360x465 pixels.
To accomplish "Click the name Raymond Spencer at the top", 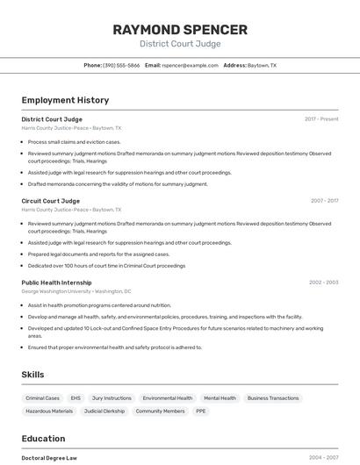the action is pyautogui.click(x=180, y=29).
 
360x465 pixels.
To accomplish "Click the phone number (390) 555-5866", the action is pyautogui.click(x=121, y=65).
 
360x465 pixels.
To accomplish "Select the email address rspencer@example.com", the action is pyautogui.click(x=190, y=65).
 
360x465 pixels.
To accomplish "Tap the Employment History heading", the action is pyautogui.click(x=65, y=100).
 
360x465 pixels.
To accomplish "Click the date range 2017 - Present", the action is pyautogui.click(x=321, y=118).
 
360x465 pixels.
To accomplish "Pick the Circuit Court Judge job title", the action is pyautogui.click(x=50, y=201).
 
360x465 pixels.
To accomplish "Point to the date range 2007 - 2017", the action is pyautogui.click(x=324, y=201).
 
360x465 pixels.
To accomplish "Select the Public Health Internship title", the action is pyautogui.click(x=56, y=283).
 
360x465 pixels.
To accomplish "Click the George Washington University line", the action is pyautogui.click(x=76, y=291).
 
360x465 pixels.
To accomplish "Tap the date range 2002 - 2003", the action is pyautogui.click(x=323, y=283).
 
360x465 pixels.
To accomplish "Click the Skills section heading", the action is pyautogui.click(x=32, y=375).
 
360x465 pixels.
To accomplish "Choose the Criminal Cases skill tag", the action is pyautogui.click(x=43, y=398).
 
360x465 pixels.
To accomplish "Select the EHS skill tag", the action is pyautogui.click(x=76, y=398).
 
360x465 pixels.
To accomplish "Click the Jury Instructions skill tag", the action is pyautogui.click(x=112, y=398).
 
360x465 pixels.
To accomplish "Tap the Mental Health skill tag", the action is pyautogui.click(x=220, y=398).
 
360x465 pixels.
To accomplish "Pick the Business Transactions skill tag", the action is pyautogui.click(x=273, y=398).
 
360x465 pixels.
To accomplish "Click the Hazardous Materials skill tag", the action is pyautogui.click(x=49, y=411).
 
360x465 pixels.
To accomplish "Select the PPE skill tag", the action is pyautogui.click(x=201, y=411).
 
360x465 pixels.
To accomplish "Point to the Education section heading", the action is pyautogui.click(x=43, y=439).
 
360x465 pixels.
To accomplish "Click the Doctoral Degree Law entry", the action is pyautogui.click(x=49, y=457).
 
